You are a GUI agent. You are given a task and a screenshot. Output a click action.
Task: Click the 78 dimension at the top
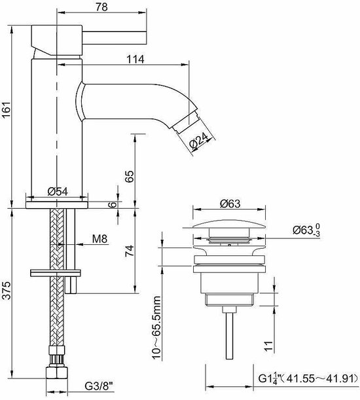click(x=101, y=7)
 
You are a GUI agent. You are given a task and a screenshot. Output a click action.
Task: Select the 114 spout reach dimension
click(x=135, y=59)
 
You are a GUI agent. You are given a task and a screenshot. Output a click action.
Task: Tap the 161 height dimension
click(x=7, y=110)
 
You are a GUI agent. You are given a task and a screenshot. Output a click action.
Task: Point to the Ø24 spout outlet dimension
click(x=199, y=140)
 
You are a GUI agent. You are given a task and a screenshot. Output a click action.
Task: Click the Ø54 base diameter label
click(x=58, y=191)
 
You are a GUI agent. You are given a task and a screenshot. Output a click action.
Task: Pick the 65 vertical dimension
click(x=129, y=176)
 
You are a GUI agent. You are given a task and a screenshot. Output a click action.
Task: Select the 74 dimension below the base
click(x=129, y=251)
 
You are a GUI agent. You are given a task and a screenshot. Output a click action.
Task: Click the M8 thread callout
click(x=99, y=239)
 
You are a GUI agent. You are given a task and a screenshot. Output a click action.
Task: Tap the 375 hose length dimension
click(x=7, y=290)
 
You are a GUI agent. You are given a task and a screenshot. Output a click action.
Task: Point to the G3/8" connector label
click(x=99, y=387)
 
